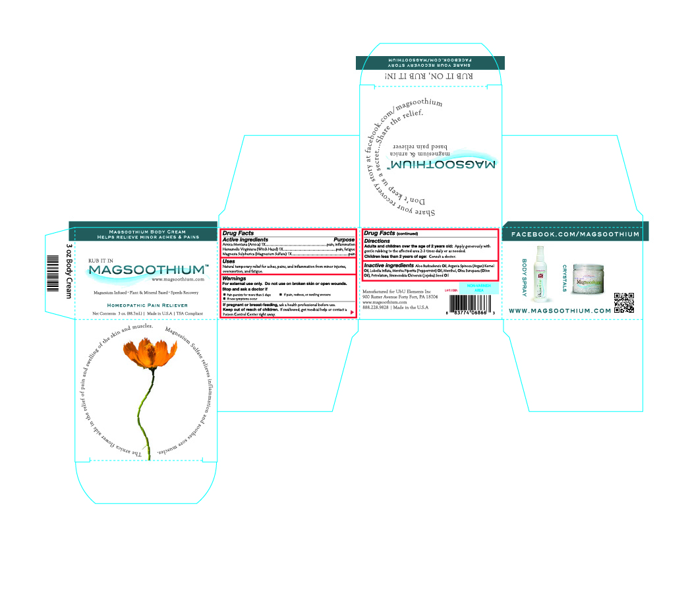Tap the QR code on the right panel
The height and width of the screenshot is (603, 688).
pos(623,302)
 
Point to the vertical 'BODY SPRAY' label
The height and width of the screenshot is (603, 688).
pos(525,276)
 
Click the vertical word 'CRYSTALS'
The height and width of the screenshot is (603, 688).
pos(565,278)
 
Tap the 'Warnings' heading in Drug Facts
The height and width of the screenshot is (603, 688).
pos(234,279)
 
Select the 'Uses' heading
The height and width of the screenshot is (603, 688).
pos(229,261)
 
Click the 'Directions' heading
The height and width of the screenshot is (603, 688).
pos(377,241)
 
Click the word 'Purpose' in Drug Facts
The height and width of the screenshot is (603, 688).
pos(344,239)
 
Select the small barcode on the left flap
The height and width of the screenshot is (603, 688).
pos(53,270)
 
